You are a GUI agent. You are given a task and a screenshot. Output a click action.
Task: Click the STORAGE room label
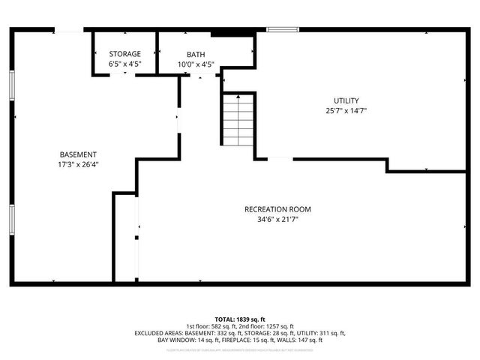coord(124,54)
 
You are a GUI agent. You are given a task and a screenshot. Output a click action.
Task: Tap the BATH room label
coord(196,54)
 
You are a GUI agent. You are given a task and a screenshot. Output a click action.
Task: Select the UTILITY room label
coord(346,100)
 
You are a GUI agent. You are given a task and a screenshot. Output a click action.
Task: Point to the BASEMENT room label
coord(78,154)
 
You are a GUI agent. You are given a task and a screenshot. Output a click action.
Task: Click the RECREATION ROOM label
coord(277,209)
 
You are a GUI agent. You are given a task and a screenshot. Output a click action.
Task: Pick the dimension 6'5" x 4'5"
coord(124,64)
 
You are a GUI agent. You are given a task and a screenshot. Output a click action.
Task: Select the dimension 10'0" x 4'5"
coord(196,64)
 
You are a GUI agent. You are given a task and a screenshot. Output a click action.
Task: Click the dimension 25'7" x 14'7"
coord(346,111)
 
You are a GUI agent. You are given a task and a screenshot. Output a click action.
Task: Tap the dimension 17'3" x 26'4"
coord(78,164)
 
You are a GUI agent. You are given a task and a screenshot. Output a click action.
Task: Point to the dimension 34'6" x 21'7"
coord(277,220)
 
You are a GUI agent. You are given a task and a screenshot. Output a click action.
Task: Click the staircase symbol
coord(238,120)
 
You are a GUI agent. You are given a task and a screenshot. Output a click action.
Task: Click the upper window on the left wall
coord(12,83)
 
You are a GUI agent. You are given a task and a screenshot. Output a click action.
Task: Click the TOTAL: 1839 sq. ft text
coord(240,319)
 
